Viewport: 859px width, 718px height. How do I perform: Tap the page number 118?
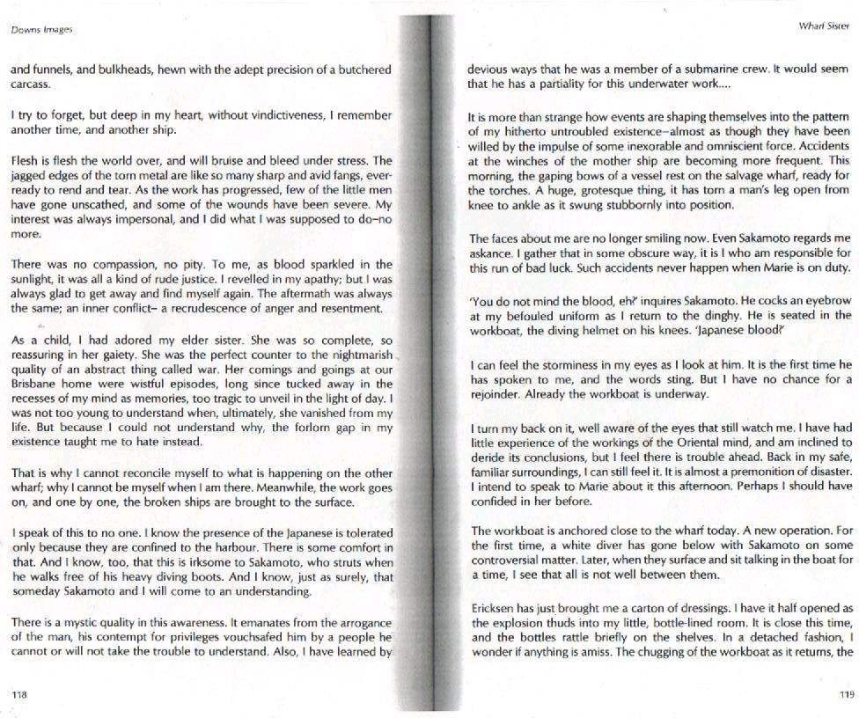(x=18, y=694)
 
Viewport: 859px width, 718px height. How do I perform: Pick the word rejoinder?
(x=496, y=394)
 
